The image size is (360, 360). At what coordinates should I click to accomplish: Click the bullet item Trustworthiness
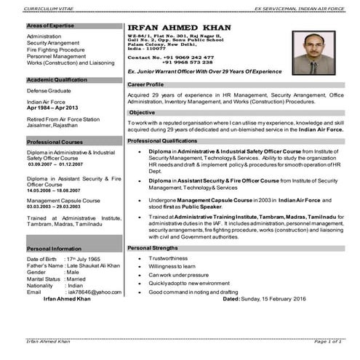tap(169, 258)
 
